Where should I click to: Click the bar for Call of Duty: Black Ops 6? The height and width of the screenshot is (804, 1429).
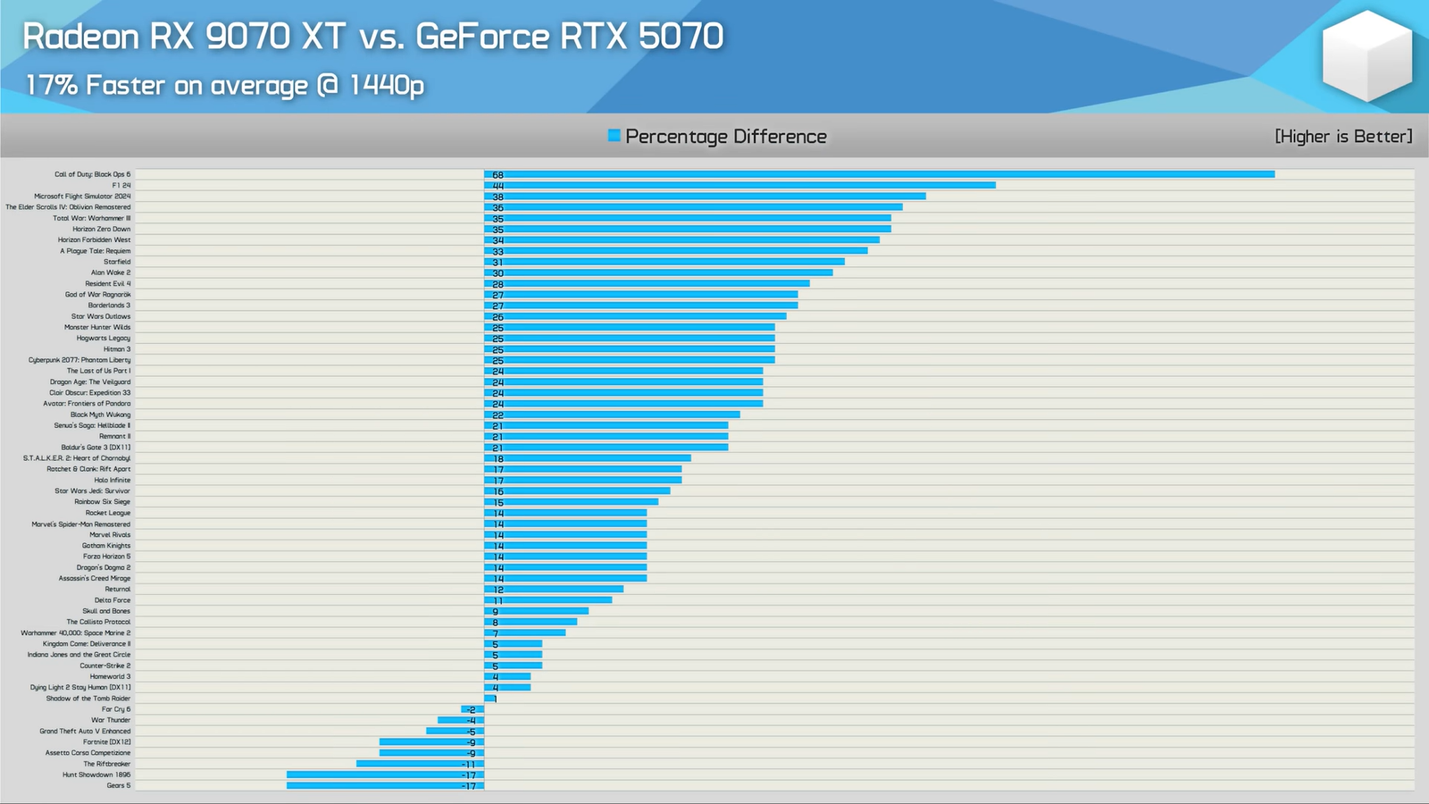[880, 174]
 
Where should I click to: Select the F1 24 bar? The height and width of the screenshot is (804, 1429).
[740, 185]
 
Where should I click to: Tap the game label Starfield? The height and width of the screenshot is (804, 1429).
[117, 262]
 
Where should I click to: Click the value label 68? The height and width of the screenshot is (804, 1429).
[497, 175]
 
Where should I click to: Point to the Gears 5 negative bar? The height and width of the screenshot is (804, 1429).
[385, 785]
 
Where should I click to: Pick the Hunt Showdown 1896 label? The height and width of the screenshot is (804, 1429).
[96, 775]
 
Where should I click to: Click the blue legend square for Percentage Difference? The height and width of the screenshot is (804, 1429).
[614, 136]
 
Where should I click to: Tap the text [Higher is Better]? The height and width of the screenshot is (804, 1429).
[1343, 136]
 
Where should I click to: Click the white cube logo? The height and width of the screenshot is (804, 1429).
[1366, 55]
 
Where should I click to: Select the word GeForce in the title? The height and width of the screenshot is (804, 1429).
[482, 37]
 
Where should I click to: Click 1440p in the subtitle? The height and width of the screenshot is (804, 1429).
[386, 85]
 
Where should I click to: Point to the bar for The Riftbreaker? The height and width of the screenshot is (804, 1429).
[420, 764]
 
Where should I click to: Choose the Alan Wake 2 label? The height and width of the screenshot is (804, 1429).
[111, 272]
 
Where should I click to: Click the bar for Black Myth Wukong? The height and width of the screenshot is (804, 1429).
[612, 415]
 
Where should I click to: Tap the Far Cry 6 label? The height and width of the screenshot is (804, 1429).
[116, 709]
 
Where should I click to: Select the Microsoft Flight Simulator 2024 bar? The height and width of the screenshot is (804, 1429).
[705, 197]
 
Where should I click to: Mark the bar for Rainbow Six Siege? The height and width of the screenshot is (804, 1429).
[572, 502]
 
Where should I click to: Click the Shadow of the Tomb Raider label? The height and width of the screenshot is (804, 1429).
[88, 699]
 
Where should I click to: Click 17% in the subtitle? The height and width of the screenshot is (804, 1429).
[52, 85]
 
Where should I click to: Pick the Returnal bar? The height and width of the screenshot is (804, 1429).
[554, 590]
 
